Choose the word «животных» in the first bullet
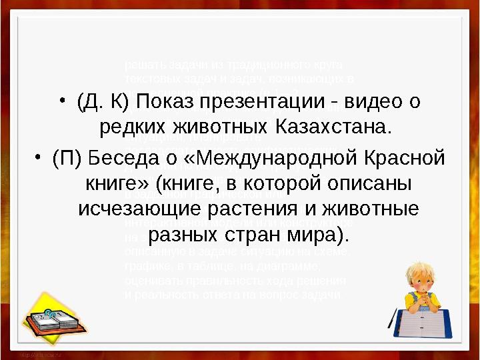[215, 125]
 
